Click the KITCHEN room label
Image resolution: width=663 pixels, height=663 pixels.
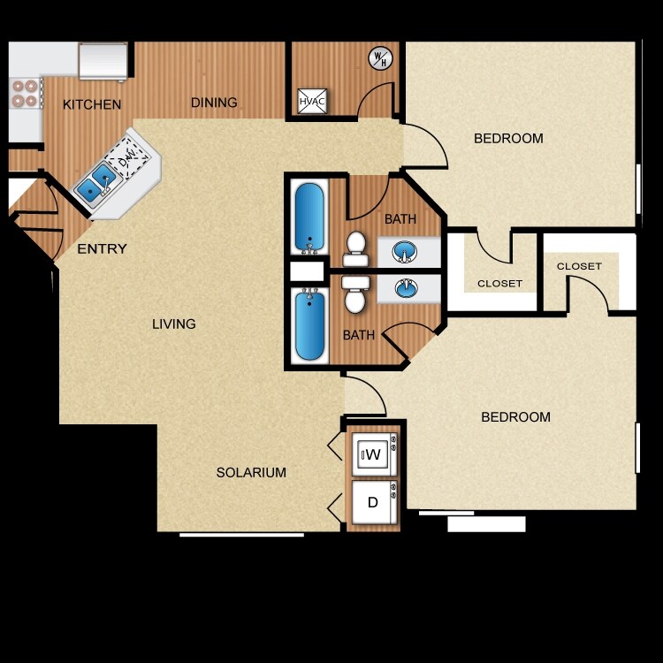[x=92, y=104]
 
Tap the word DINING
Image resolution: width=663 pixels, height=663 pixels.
[x=214, y=103]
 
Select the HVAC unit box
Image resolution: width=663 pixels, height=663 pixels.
[x=312, y=102]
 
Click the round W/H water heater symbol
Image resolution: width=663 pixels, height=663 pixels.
[x=379, y=58]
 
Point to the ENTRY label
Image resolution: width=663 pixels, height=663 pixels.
[x=102, y=249]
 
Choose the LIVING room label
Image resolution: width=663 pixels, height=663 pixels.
[x=173, y=324]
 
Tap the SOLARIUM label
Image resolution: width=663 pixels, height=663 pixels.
[x=251, y=473]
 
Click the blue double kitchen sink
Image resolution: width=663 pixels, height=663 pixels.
[x=96, y=182]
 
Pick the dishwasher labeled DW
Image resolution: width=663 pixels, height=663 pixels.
[x=129, y=161]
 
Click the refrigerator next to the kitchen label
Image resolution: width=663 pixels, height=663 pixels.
[x=103, y=60]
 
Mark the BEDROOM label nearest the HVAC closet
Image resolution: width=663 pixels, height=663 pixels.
[x=508, y=139]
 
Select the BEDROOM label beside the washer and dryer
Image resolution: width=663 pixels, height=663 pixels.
[x=515, y=417]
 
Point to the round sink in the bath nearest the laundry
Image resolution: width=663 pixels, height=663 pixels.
[x=408, y=288]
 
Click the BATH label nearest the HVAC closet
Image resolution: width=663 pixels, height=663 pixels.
[x=400, y=219]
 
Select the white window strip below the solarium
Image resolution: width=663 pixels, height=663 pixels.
[x=241, y=535]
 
